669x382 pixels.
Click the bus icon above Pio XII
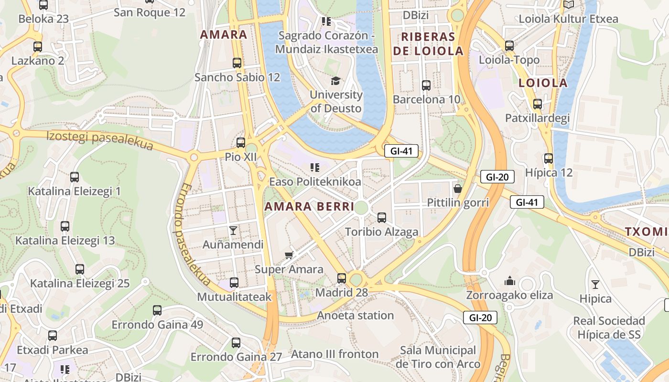pyautogui.click(x=241, y=142)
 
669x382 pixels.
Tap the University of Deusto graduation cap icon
pyautogui.click(x=336, y=81)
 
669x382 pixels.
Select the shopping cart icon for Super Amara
pyautogui.click(x=289, y=255)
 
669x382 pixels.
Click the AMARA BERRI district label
pyautogui.click(x=309, y=207)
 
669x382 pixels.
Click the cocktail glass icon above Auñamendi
pyautogui.click(x=233, y=231)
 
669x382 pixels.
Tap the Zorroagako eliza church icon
pyautogui.click(x=510, y=281)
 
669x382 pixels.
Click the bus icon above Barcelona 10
pyautogui.click(x=426, y=85)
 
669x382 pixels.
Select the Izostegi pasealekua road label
pyautogui.click(x=100, y=141)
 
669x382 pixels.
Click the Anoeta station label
pyautogui.click(x=356, y=315)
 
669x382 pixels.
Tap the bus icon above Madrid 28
pyautogui.click(x=342, y=278)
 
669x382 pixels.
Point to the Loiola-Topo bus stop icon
pyautogui.click(x=509, y=46)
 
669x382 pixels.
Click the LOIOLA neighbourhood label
pyautogui.click(x=543, y=83)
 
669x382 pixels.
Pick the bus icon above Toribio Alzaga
pyautogui.click(x=382, y=218)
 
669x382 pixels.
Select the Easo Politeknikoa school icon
pyautogui.click(x=314, y=167)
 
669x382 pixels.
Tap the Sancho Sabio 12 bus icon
pyautogui.click(x=237, y=63)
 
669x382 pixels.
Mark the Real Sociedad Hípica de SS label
pyautogui.click(x=609, y=328)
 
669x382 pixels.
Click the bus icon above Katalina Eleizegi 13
pyautogui.click(x=65, y=226)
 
